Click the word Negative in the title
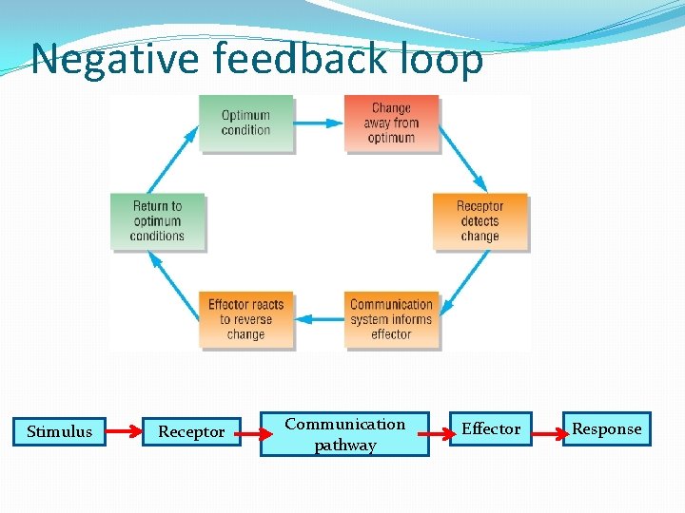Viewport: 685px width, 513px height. [x=116, y=59]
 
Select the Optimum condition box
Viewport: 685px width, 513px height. [x=245, y=123]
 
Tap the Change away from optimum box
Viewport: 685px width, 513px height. [x=391, y=123]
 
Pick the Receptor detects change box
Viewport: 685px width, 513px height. [x=479, y=221]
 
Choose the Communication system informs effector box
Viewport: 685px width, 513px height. [x=391, y=319]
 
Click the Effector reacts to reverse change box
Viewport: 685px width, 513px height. [x=245, y=319]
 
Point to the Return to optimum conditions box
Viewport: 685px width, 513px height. [x=157, y=221]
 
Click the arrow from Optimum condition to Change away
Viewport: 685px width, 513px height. [x=319, y=123]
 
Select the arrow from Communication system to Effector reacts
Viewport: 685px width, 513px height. [x=319, y=320]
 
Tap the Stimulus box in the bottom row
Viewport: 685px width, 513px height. [x=59, y=431]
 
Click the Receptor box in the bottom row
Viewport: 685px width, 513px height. [x=191, y=431]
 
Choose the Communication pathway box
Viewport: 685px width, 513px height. [x=344, y=434]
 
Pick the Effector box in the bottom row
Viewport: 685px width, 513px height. [x=490, y=429]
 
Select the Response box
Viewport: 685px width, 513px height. [x=606, y=429]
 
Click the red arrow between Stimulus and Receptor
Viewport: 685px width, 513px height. [x=123, y=432]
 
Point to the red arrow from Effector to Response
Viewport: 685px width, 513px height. [x=546, y=432]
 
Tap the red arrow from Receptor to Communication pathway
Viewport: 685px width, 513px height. [x=250, y=434]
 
